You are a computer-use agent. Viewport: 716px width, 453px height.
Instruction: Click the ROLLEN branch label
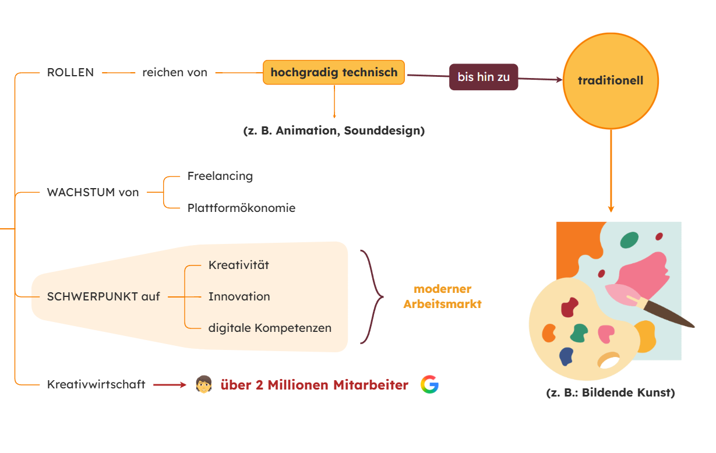(x=70, y=73)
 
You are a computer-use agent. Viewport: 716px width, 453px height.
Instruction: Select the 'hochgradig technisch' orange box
(x=334, y=73)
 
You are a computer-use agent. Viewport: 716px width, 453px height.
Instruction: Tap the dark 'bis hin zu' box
(x=483, y=77)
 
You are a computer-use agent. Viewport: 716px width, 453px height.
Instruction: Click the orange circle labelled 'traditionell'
(x=610, y=80)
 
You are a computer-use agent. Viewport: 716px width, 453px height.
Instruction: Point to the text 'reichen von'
(x=175, y=73)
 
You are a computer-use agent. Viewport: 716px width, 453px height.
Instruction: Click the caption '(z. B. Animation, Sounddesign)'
(x=334, y=130)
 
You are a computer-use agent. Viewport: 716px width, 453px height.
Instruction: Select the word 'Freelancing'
(x=220, y=176)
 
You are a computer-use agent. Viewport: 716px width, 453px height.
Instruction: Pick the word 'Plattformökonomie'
(x=241, y=208)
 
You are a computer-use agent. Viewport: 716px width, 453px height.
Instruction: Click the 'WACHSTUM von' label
(x=93, y=192)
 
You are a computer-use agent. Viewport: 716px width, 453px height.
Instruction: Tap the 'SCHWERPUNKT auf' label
(x=103, y=296)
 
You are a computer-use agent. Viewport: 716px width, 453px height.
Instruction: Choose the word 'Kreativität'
(x=239, y=266)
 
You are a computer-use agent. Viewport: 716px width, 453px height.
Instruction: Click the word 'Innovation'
(x=239, y=296)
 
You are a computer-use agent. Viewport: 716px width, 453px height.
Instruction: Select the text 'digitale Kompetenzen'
(x=270, y=328)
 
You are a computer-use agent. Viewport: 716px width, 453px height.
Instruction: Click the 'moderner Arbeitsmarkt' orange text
(x=442, y=296)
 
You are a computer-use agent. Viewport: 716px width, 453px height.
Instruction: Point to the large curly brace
(x=372, y=297)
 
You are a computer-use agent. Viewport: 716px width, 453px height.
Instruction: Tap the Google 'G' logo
(x=429, y=384)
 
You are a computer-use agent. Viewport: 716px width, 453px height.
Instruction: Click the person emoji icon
(x=203, y=384)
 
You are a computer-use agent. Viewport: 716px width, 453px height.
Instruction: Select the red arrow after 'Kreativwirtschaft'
(x=169, y=384)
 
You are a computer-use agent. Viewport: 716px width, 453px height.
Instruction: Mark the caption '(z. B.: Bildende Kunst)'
(x=610, y=392)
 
